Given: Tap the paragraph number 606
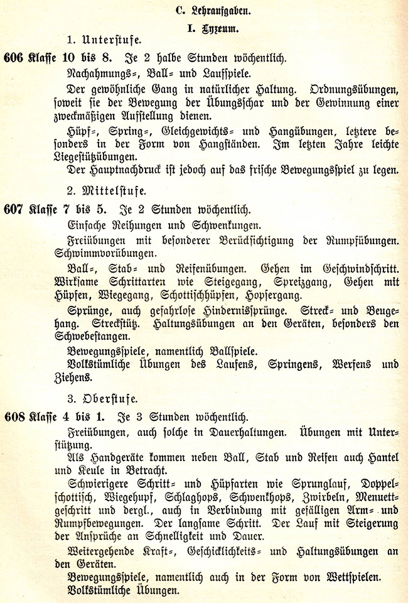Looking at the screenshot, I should [13, 58].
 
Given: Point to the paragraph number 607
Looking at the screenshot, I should [13, 209].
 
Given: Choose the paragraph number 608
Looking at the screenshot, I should [13, 417].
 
